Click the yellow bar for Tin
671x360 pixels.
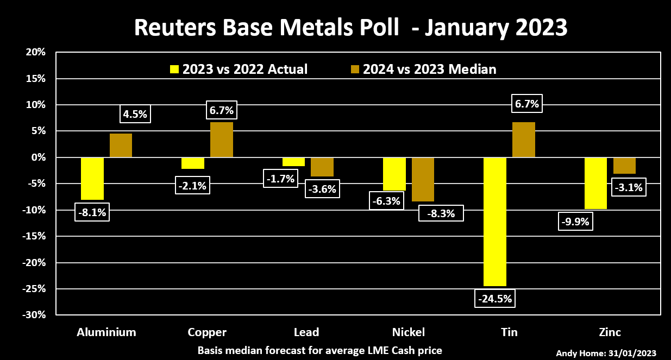point(495,222)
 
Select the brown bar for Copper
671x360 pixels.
point(222,140)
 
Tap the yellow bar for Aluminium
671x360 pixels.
point(92,179)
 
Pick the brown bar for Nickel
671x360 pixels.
point(423,179)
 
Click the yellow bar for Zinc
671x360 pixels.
point(595,183)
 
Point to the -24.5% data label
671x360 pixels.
point(495,299)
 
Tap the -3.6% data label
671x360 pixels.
point(322,190)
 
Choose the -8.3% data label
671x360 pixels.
point(441,213)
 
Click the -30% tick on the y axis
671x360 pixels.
point(34,315)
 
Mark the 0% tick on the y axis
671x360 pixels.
point(38,157)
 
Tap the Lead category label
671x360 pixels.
point(306,332)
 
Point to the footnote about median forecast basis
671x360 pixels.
point(320,350)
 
